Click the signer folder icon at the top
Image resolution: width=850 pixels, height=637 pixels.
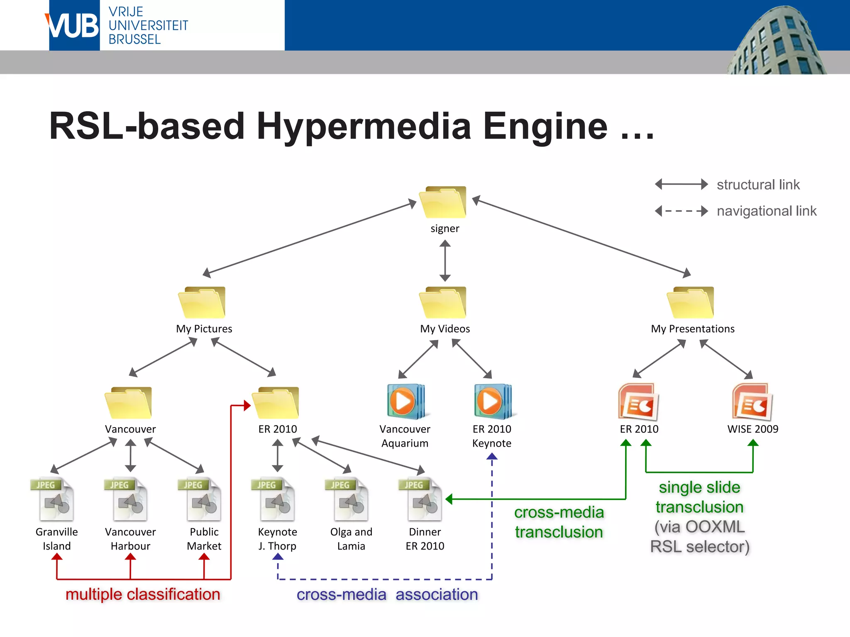(x=443, y=202)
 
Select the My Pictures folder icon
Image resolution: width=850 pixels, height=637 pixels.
(x=202, y=302)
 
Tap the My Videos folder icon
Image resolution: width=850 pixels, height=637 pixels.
(x=443, y=302)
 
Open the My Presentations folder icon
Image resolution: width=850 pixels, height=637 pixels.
(x=691, y=302)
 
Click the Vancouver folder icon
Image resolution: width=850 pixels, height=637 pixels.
(x=128, y=403)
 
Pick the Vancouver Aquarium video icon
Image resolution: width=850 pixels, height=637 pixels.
(x=405, y=401)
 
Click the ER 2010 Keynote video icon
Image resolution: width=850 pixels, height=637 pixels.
(x=493, y=401)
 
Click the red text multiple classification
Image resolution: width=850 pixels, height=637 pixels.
(x=143, y=594)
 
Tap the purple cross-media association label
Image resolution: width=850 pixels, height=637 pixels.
(x=387, y=594)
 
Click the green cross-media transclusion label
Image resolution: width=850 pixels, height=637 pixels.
(x=559, y=522)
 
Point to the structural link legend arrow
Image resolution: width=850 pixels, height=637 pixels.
(x=681, y=184)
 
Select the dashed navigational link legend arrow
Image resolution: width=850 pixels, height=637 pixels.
(x=681, y=211)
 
